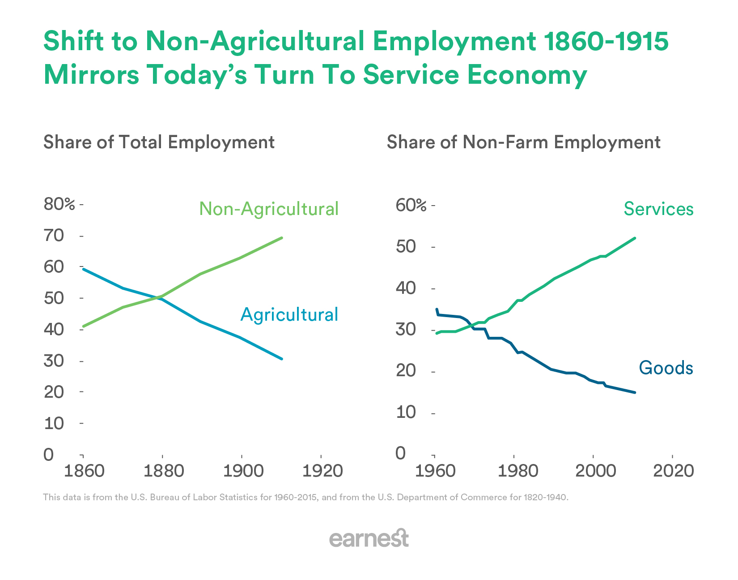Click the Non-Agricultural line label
tap(269, 209)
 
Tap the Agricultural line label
tap(289, 314)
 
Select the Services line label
tap(658, 209)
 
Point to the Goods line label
tap(666, 368)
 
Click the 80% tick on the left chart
tap(59, 204)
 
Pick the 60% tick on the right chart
tap(411, 206)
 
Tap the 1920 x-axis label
tap(322, 471)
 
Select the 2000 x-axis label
tap(593, 471)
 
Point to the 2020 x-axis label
tap(673, 471)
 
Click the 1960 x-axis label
tap(435, 471)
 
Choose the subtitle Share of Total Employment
tap(159, 142)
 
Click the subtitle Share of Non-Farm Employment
tap(523, 142)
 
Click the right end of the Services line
tap(635, 238)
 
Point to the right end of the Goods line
tap(635, 392)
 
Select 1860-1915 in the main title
tap(607, 41)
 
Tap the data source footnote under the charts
tap(305, 497)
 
